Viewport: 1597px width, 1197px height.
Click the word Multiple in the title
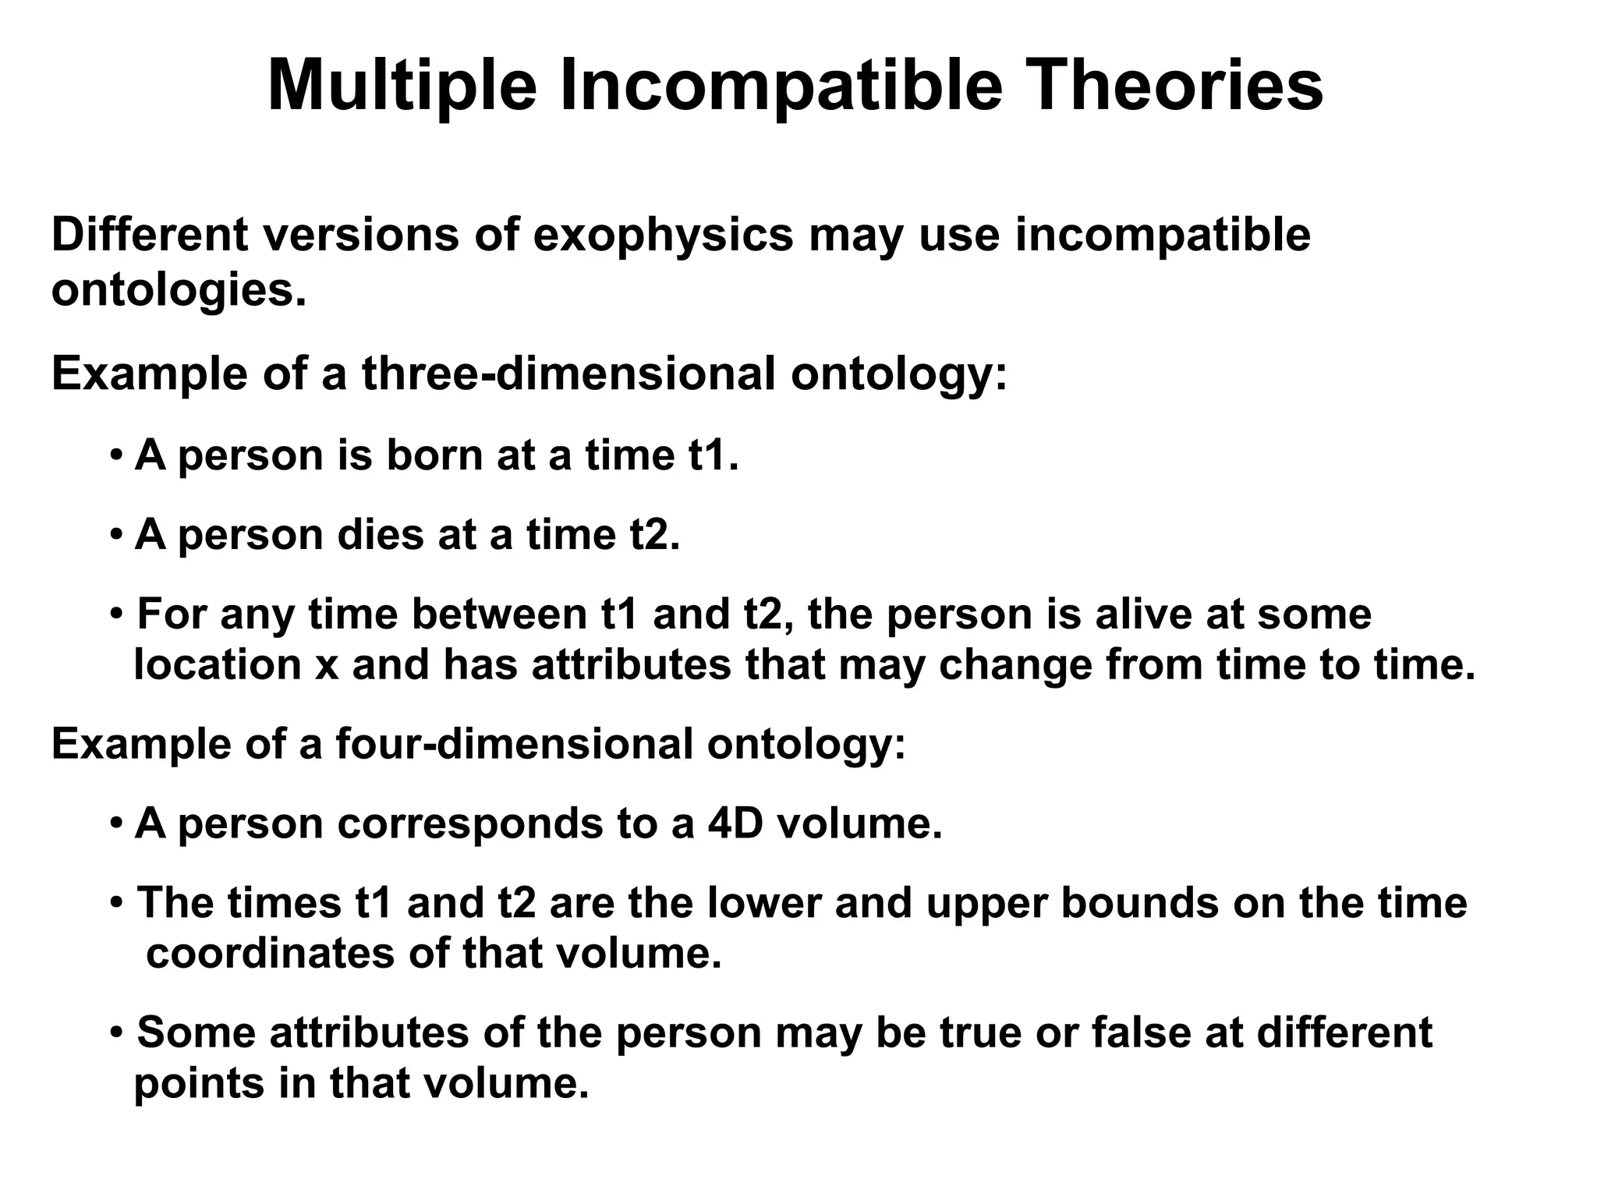(402, 86)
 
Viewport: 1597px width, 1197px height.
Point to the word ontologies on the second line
(179, 291)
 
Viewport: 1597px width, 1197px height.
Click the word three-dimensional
(568, 374)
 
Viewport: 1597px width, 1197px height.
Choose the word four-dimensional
(515, 743)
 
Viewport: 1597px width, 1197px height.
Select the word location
(218, 665)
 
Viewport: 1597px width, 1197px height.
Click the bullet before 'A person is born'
(116, 455)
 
